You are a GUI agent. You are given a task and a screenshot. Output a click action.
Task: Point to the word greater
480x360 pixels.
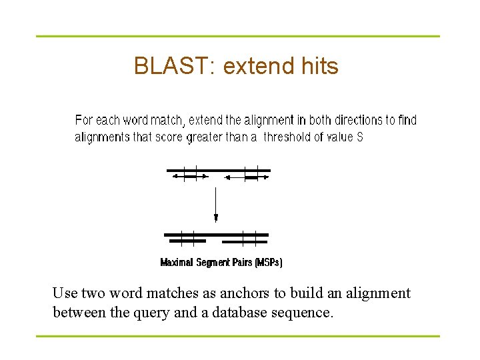coord(207,137)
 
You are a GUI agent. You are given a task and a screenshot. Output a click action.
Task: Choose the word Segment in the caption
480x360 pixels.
coord(215,263)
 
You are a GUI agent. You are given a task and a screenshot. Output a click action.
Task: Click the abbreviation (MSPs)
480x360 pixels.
coord(269,263)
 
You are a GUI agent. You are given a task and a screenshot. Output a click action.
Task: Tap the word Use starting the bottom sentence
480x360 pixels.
coord(65,293)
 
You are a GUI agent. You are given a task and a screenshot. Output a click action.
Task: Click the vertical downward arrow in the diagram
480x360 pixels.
coord(216,203)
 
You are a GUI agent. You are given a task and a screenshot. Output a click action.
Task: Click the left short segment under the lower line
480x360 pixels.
coord(186,241)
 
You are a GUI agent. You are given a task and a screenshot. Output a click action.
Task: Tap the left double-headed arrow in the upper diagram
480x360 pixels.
coord(191,177)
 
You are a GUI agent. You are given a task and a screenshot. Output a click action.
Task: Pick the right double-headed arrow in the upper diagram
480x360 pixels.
coord(247,177)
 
